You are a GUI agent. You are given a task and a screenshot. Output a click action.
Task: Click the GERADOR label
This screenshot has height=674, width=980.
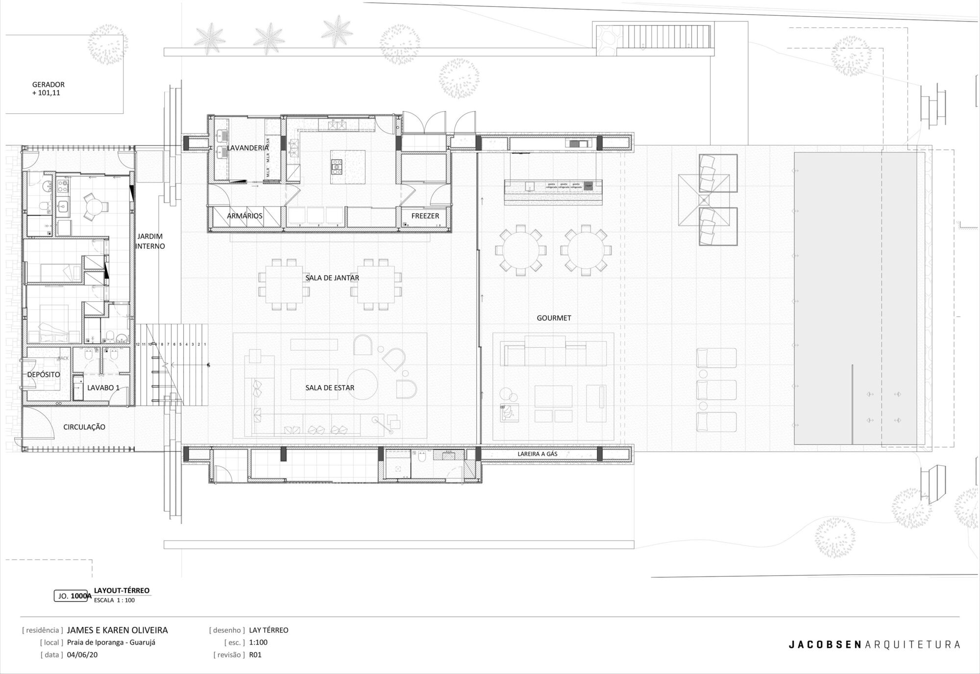[48, 84]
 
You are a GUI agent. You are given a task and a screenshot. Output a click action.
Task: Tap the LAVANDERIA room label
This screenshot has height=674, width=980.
[247, 148]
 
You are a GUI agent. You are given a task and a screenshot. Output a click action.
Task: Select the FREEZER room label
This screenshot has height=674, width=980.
[425, 216]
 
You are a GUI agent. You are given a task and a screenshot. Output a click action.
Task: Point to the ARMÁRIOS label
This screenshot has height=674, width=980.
[245, 216]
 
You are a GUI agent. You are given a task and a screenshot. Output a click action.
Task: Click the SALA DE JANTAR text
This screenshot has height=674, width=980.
[332, 278]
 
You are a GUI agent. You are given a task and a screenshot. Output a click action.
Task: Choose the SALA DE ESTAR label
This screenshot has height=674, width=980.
[330, 388]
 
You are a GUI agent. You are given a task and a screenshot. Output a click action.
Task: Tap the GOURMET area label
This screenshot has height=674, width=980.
[554, 318]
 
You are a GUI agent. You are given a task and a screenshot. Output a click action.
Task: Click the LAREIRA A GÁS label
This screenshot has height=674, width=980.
[538, 454]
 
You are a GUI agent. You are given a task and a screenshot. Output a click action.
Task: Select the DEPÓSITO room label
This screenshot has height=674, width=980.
[44, 375]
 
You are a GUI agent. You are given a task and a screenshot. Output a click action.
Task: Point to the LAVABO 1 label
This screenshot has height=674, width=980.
[103, 388]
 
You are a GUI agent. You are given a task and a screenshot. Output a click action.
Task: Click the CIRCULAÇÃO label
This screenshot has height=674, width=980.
[84, 427]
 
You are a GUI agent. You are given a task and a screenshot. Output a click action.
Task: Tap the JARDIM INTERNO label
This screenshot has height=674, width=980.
[150, 241]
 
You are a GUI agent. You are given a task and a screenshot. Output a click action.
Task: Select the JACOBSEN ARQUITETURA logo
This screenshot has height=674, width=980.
[874, 645]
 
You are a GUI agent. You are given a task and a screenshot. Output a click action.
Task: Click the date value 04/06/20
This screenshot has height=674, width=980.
[82, 655]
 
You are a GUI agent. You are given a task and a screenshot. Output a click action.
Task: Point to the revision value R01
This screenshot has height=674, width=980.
[255, 655]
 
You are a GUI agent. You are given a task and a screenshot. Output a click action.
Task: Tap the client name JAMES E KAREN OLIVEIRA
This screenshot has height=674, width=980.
[118, 630]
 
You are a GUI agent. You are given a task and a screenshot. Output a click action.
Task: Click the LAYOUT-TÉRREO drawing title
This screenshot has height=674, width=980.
[122, 591]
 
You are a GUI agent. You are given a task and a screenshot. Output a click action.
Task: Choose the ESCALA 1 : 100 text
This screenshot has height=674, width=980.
[114, 600]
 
